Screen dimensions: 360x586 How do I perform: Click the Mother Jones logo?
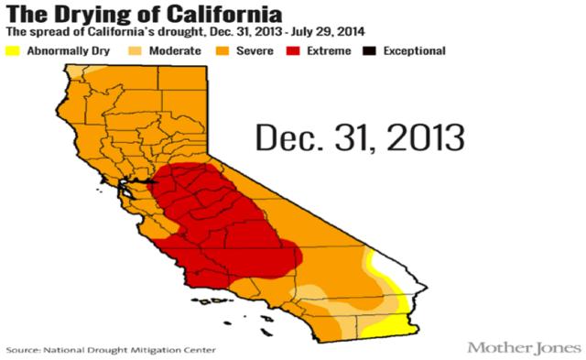click(523, 347)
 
